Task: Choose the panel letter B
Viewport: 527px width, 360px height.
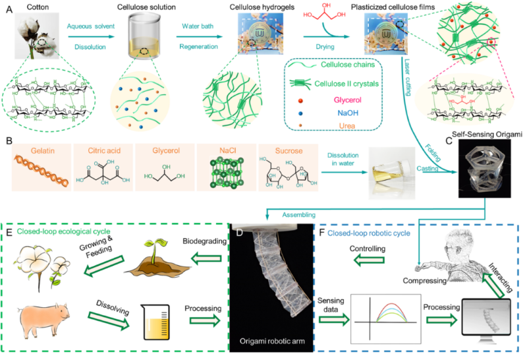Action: pyautogui.click(x=7, y=140)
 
